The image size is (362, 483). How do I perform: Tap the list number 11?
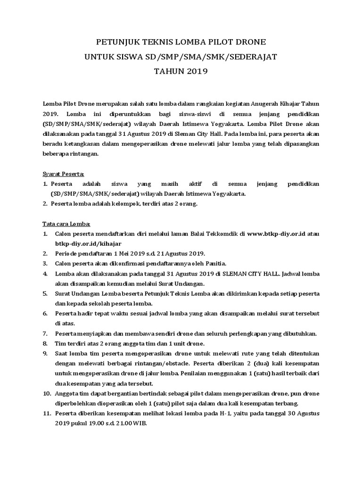(x=47, y=413)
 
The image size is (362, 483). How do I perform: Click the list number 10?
(x=47, y=393)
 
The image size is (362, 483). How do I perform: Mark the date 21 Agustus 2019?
(x=179, y=253)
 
